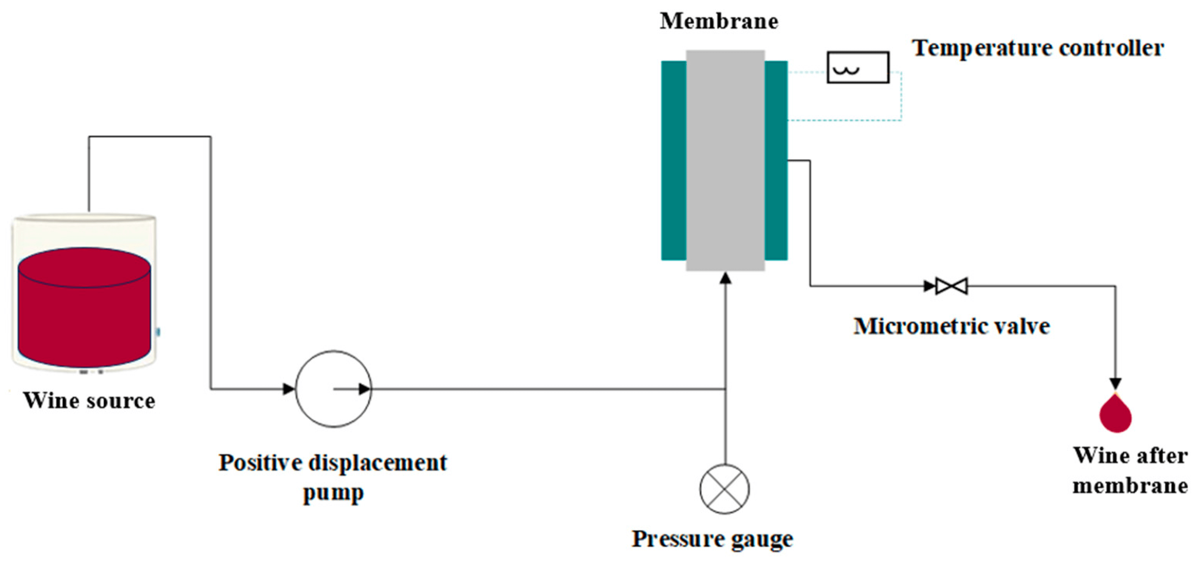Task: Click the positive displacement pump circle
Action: point(333,389)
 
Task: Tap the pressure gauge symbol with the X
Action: point(724,489)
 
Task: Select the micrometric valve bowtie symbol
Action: point(951,286)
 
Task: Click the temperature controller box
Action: point(858,68)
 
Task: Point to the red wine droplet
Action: point(1115,415)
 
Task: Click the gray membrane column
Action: point(725,160)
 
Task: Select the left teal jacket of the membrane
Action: point(673,160)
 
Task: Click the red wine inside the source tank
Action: point(84,316)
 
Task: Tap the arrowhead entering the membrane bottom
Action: point(725,279)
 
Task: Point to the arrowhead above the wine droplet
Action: point(1115,383)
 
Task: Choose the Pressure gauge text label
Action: point(712,539)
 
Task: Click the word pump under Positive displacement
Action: point(333,493)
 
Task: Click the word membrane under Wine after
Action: point(1130,486)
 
